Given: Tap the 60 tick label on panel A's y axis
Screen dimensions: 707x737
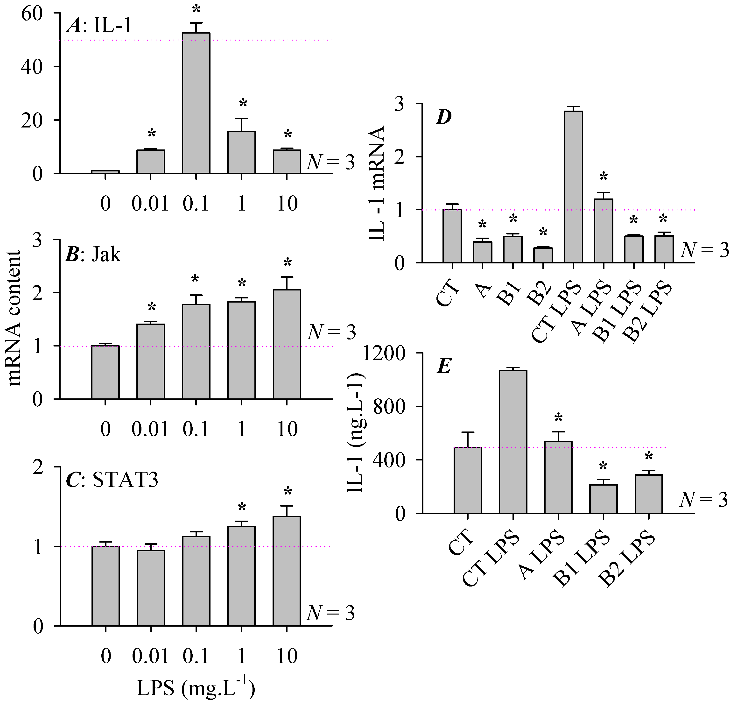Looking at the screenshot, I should click(x=32, y=14).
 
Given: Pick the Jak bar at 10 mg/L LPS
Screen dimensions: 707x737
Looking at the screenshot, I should click(x=287, y=344).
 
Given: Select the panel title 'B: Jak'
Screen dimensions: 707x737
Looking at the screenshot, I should click(x=93, y=255).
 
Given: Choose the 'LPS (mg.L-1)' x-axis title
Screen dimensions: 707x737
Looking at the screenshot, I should click(x=196, y=688).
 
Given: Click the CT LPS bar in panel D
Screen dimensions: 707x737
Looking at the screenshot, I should click(x=573, y=187).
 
